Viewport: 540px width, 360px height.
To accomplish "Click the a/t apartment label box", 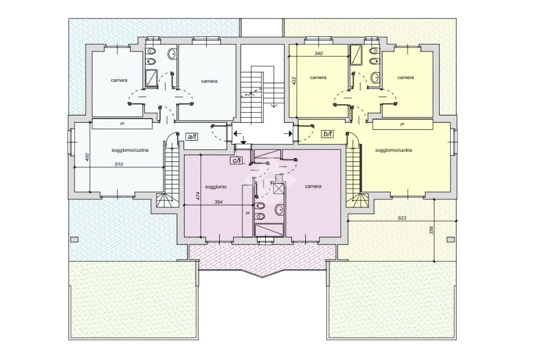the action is [x=191, y=137].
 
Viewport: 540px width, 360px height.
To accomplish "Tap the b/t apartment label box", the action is [x=327, y=134].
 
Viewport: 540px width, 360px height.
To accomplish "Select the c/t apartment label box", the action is [x=237, y=160].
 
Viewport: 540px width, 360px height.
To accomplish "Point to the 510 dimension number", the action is [x=119, y=164].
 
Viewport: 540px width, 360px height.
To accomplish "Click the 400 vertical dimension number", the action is [x=88, y=157].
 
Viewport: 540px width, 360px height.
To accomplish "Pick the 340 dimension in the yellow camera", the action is [x=319, y=53].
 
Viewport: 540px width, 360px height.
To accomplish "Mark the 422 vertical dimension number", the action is [x=294, y=81].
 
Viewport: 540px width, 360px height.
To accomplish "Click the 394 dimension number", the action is [x=218, y=202].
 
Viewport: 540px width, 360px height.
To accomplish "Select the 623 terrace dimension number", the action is [x=402, y=218].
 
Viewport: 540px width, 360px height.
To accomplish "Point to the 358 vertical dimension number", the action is [x=432, y=230].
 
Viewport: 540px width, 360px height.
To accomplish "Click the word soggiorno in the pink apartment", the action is [x=216, y=187].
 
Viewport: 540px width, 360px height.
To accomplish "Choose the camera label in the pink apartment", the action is [x=313, y=186].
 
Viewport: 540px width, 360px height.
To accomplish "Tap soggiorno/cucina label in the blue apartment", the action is [x=130, y=150].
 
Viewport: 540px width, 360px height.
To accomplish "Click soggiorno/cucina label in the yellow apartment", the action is [x=393, y=150].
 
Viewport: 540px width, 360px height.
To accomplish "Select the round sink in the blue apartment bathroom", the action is [x=172, y=54].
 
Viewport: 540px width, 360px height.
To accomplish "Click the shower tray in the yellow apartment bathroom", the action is [x=356, y=55].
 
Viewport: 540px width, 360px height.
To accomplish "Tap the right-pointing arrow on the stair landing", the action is [x=288, y=133].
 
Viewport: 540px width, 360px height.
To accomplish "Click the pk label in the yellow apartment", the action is [x=402, y=124].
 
